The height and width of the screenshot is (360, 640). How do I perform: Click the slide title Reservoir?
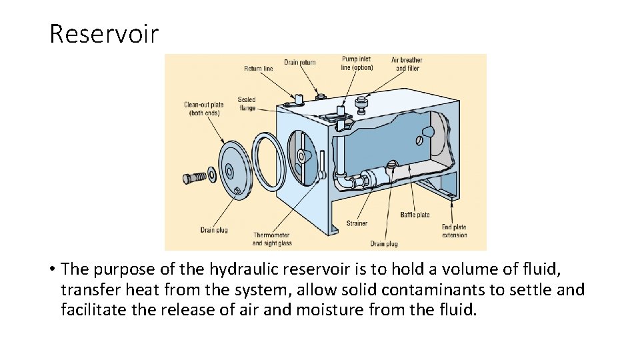click(104, 33)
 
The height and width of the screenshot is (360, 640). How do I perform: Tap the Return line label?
click(258, 69)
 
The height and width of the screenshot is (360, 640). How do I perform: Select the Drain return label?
click(300, 63)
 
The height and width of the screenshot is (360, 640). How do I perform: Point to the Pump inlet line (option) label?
click(357, 63)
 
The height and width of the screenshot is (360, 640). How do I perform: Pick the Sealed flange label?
click(247, 104)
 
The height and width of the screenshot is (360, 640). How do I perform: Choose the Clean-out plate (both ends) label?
click(203, 109)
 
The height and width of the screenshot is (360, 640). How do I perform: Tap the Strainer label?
click(357, 223)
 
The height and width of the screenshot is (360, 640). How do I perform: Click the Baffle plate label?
click(415, 215)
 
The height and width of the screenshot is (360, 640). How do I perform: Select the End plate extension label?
click(454, 231)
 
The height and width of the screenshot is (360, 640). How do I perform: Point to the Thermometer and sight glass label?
click(272, 239)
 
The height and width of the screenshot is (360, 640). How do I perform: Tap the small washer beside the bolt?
click(211, 175)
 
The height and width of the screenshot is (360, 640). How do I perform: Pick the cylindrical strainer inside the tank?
click(374, 177)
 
